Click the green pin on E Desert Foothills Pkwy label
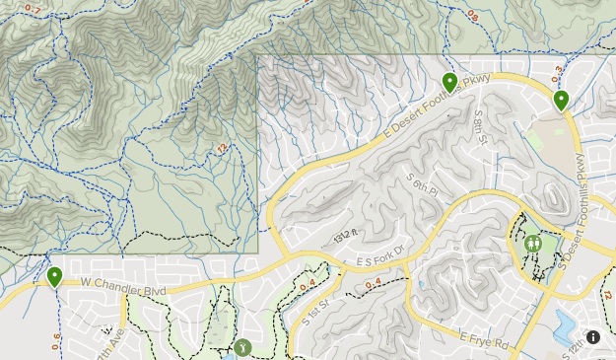(x=449, y=82)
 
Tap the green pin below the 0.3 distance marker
(x=561, y=99)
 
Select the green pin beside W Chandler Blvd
(x=55, y=276)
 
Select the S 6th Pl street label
(x=421, y=184)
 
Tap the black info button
(x=593, y=337)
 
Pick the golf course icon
(x=242, y=346)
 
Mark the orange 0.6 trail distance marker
(x=55, y=341)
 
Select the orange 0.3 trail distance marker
(x=557, y=72)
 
